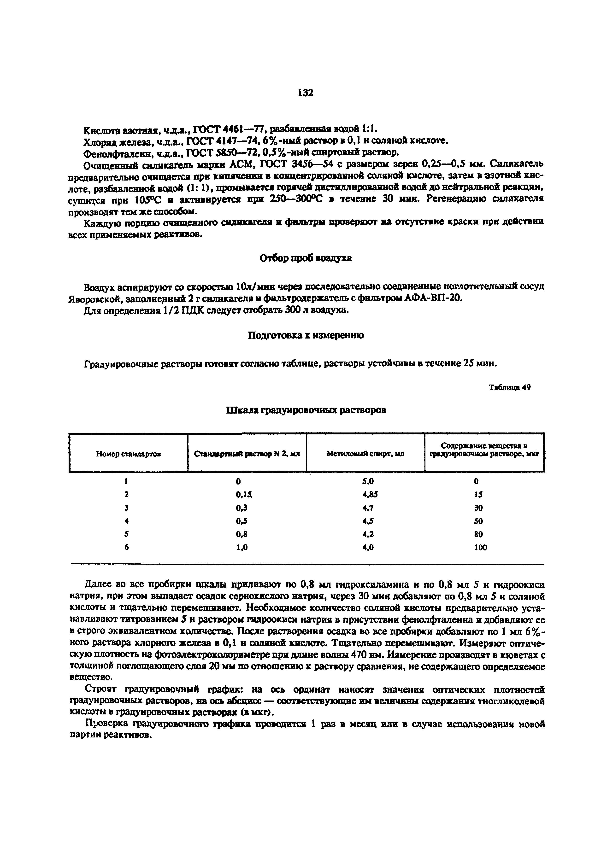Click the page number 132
(x=306, y=93)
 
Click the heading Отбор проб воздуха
(x=306, y=258)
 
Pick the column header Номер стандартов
(x=128, y=454)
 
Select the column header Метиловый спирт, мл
(x=365, y=454)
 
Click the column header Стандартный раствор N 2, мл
(x=247, y=454)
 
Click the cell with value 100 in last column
(x=480, y=548)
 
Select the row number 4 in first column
(x=126, y=521)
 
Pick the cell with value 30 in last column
(x=478, y=508)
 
